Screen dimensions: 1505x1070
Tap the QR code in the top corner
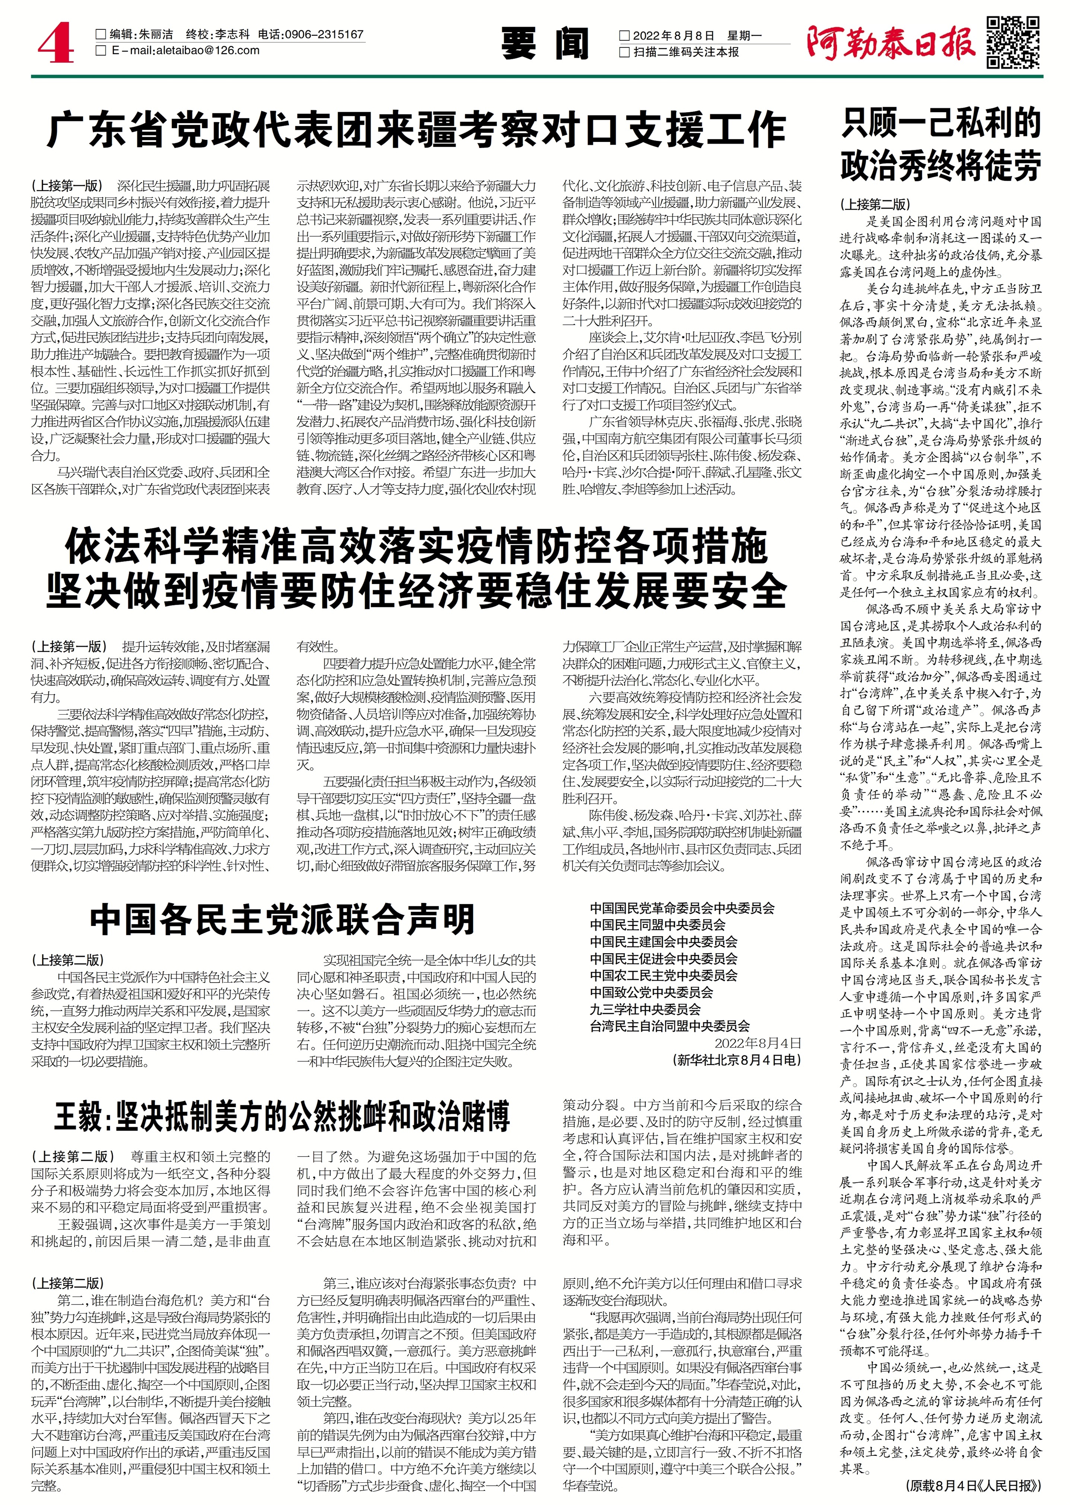point(1015,41)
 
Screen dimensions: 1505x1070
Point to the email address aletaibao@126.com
point(185,51)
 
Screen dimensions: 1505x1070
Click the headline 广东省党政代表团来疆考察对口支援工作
point(416,130)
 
